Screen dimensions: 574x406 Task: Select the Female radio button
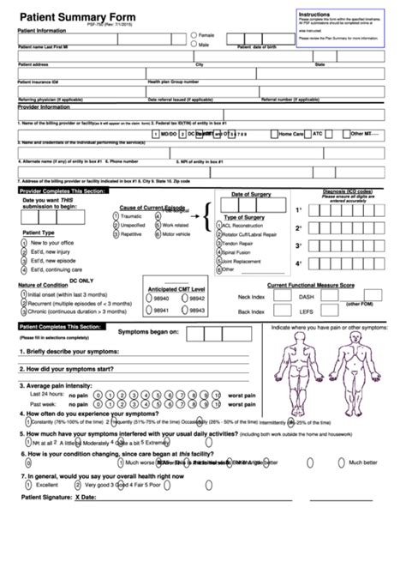[194, 34]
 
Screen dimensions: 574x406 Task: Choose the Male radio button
[194, 43]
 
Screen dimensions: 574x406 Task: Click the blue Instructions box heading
[313, 15]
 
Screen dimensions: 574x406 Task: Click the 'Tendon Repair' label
[241, 244]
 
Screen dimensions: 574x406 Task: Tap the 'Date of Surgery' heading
[250, 195]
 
